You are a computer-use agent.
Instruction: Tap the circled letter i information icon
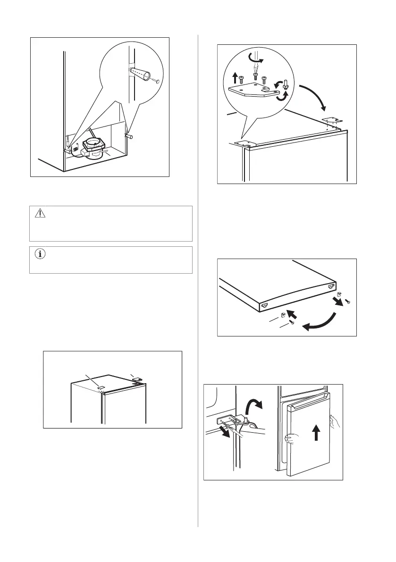click(x=39, y=255)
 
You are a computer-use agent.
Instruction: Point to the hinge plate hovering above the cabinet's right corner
click(x=330, y=121)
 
